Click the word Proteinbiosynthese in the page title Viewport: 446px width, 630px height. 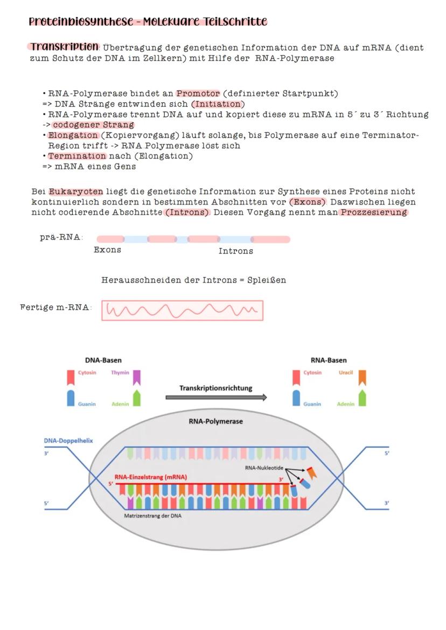point(81,22)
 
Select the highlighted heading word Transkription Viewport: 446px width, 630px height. point(65,47)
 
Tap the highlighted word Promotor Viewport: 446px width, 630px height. point(198,94)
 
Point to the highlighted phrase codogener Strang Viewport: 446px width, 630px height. point(93,125)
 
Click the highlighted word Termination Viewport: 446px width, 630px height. point(77,156)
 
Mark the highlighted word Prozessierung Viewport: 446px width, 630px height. point(373,212)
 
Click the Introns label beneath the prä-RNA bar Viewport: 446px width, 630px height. point(235,251)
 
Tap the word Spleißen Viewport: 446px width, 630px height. point(267,280)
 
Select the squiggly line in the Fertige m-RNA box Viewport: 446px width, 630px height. point(182,310)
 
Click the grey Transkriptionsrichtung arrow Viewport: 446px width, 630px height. point(216,398)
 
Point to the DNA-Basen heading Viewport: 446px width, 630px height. point(103,360)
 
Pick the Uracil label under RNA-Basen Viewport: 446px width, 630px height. point(345,372)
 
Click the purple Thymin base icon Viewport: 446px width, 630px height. point(137,377)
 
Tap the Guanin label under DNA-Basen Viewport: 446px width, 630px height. point(87,404)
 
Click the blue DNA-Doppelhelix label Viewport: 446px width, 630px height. point(68,441)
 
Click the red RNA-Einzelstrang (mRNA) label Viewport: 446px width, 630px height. point(150,477)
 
